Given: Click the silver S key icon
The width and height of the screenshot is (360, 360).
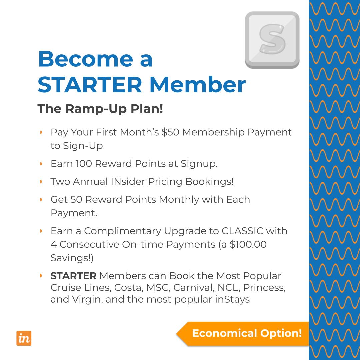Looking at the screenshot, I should (x=272, y=40).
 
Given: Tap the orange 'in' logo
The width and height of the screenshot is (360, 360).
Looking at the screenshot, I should (x=24, y=338).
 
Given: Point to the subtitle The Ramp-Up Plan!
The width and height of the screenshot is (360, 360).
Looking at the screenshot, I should (x=100, y=109).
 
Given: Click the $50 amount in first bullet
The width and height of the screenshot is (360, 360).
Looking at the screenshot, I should (x=170, y=132).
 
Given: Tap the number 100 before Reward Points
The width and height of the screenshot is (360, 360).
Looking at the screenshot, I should (x=84, y=164).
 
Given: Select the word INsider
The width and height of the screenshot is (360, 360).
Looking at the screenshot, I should (x=128, y=182).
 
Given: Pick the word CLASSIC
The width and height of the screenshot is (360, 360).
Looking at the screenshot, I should (x=242, y=231).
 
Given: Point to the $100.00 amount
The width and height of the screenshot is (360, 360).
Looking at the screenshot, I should (x=248, y=244).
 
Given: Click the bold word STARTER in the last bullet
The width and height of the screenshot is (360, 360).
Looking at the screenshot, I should (x=73, y=276).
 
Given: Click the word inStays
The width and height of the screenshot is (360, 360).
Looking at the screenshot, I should (x=232, y=299).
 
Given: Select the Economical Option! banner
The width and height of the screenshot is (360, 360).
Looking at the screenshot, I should (x=247, y=333).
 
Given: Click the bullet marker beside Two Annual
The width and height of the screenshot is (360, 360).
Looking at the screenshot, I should (x=41, y=182).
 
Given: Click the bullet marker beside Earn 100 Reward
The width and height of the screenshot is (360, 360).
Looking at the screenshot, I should (x=41, y=164).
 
